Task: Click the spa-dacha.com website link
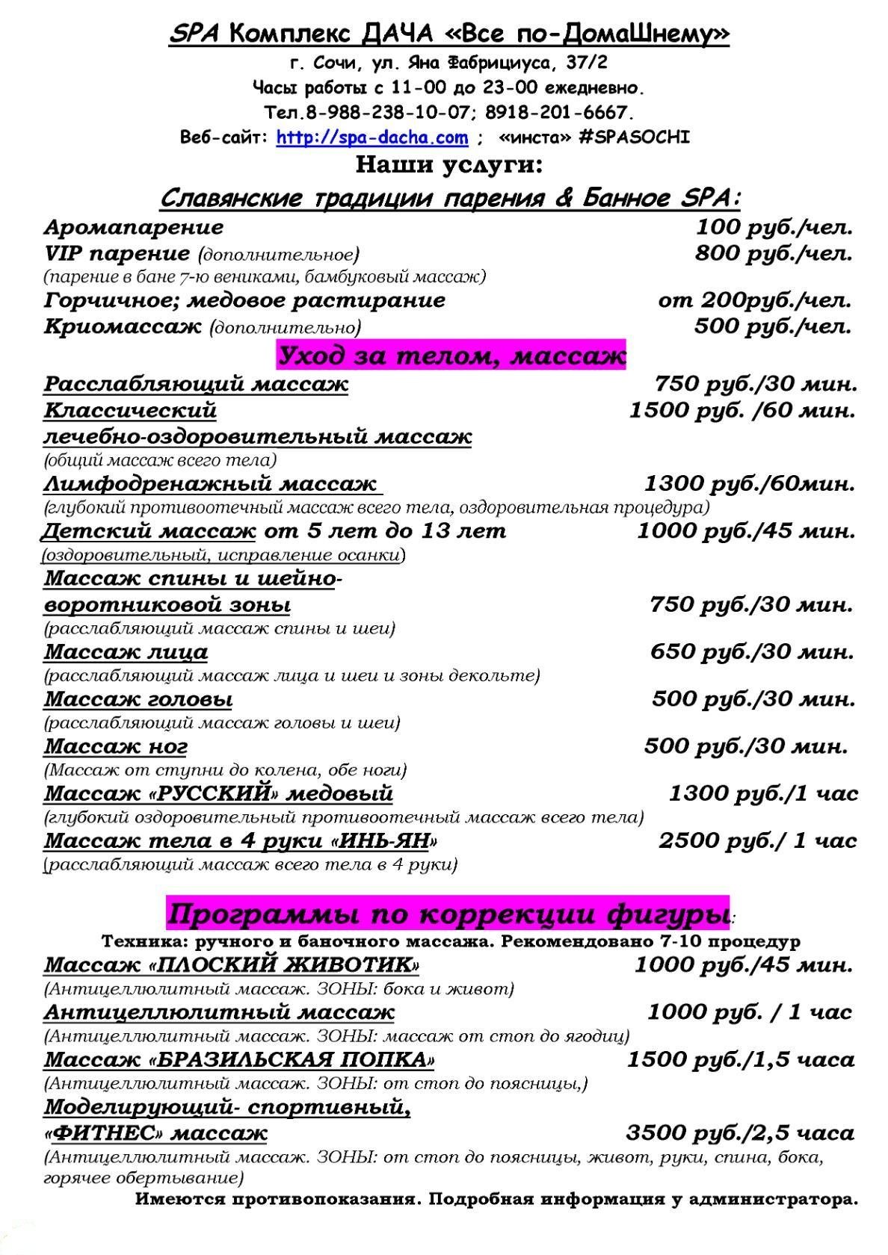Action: click(372, 138)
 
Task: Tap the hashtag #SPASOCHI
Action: click(634, 138)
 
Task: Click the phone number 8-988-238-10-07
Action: click(389, 113)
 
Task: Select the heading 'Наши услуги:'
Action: click(448, 164)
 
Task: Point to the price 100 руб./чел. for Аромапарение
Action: click(774, 227)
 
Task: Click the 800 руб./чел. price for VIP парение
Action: click(774, 254)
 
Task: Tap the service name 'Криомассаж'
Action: click(123, 326)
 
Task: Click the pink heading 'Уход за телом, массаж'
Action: click(451, 356)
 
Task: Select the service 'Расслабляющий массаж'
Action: click(196, 384)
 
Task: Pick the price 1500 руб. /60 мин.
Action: click(742, 410)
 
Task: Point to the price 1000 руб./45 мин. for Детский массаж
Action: click(746, 531)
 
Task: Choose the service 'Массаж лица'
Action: click(126, 652)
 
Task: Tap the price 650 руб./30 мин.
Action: click(751, 652)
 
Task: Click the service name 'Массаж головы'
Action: click(138, 700)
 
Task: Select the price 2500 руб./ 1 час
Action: click(757, 841)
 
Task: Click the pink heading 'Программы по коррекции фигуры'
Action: click(447, 913)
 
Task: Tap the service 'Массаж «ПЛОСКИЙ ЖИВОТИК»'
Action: click(231, 965)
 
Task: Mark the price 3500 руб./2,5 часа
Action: click(740, 1133)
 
